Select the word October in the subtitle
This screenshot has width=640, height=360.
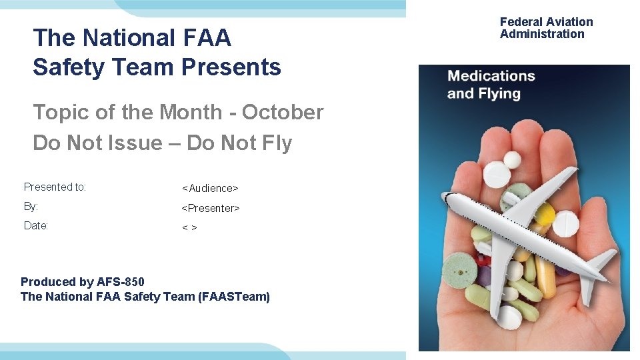pyautogui.click(x=282, y=112)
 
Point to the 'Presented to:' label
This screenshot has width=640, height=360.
pyautogui.click(x=55, y=187)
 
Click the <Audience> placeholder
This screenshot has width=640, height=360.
pyautogui.click(x=210, y=189)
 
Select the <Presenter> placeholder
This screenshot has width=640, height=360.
pyautogui.click(x=211, y=208)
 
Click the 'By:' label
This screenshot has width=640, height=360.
pyautogui.click(x=31, y=207)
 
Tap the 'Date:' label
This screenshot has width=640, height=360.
pyautogui.click(x=36, y=226)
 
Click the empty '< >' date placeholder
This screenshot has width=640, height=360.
pyautogui.click(x=189, y=228)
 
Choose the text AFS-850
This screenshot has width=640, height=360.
pyautogui.click(x=120, y=282)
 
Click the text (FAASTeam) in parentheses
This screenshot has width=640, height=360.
pyautogui.click(x=234, y=297)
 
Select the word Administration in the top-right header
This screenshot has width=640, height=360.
pyautogui.click(x=542, y=34)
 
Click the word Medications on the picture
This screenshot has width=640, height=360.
pyautogui.click(x=491, y=76)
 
